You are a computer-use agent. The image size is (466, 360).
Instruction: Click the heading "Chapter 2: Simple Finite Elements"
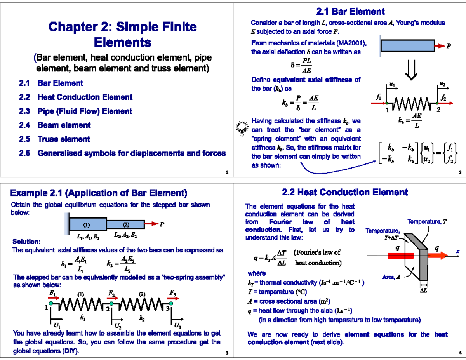(x=122, y=34)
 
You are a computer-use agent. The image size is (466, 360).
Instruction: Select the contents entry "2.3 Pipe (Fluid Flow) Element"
(x=85, y=111)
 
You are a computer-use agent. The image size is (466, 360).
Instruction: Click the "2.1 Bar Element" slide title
(x=350, y=12)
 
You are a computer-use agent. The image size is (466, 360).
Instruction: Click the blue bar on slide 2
(x=408, y=46)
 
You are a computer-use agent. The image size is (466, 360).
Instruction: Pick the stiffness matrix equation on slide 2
(x=418, y=154)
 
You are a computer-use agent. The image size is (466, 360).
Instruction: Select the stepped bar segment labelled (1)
(x=88, y=224)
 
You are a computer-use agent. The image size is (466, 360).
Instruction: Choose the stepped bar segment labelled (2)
(x=125, y=224)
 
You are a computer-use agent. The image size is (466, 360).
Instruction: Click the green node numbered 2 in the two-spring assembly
(x=111, y=303)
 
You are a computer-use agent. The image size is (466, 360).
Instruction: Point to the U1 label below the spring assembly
(x=57, y=325)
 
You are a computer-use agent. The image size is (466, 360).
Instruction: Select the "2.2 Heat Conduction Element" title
(x=345, y=192)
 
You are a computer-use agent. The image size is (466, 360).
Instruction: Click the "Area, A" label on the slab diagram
(x=392, y=277)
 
